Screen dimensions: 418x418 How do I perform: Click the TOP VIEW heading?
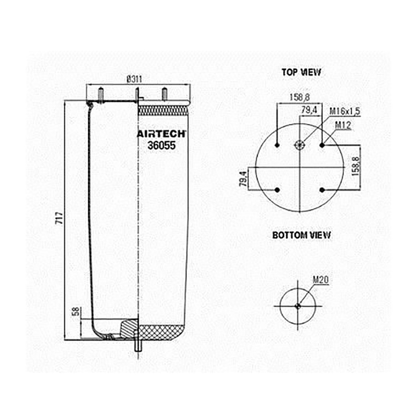click(302, 72)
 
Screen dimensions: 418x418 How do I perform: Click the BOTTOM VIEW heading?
click(302, 235)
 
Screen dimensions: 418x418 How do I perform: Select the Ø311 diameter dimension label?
click(134, 79)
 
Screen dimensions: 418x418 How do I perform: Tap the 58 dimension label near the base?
click(76, 311)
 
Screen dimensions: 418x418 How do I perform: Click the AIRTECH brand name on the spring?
click(162, 134)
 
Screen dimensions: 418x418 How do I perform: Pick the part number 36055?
click(162, 145)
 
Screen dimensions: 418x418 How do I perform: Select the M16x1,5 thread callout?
click(345, 111)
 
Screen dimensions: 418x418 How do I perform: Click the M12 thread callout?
click(343, 125)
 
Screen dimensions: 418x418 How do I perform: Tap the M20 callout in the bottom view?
click(320, 280)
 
